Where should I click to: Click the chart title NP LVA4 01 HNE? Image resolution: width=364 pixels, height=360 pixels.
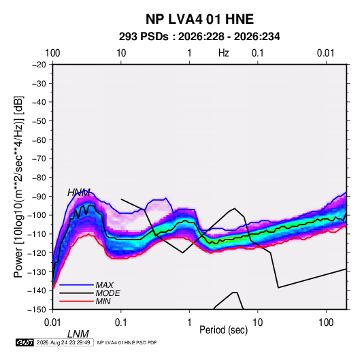199,19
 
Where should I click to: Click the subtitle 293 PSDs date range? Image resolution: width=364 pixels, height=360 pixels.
199,37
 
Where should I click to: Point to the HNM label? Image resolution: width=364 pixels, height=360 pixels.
79,193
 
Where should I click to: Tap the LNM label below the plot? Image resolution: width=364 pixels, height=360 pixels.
78,334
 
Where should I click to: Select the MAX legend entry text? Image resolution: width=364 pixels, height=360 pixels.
105,284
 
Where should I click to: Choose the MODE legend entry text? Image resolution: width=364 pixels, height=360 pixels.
107,293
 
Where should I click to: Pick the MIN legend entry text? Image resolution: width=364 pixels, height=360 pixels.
103,301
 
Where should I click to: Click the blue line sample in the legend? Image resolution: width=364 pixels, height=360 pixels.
76,284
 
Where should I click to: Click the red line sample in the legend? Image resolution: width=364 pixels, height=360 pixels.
76,301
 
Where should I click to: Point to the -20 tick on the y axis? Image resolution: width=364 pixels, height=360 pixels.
39,65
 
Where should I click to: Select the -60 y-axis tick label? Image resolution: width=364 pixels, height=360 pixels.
39,140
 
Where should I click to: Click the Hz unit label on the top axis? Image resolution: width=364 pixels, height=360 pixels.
224,53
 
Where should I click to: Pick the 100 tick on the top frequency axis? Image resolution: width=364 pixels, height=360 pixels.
52,53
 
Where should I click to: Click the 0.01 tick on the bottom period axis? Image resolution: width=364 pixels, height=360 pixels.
52,323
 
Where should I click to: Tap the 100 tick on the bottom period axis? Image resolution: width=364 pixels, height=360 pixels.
326,323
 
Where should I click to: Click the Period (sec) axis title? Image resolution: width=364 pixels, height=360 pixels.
224,330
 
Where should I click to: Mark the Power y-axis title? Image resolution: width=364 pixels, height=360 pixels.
18,186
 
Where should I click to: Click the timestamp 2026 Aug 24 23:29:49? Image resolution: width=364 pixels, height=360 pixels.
63,342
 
